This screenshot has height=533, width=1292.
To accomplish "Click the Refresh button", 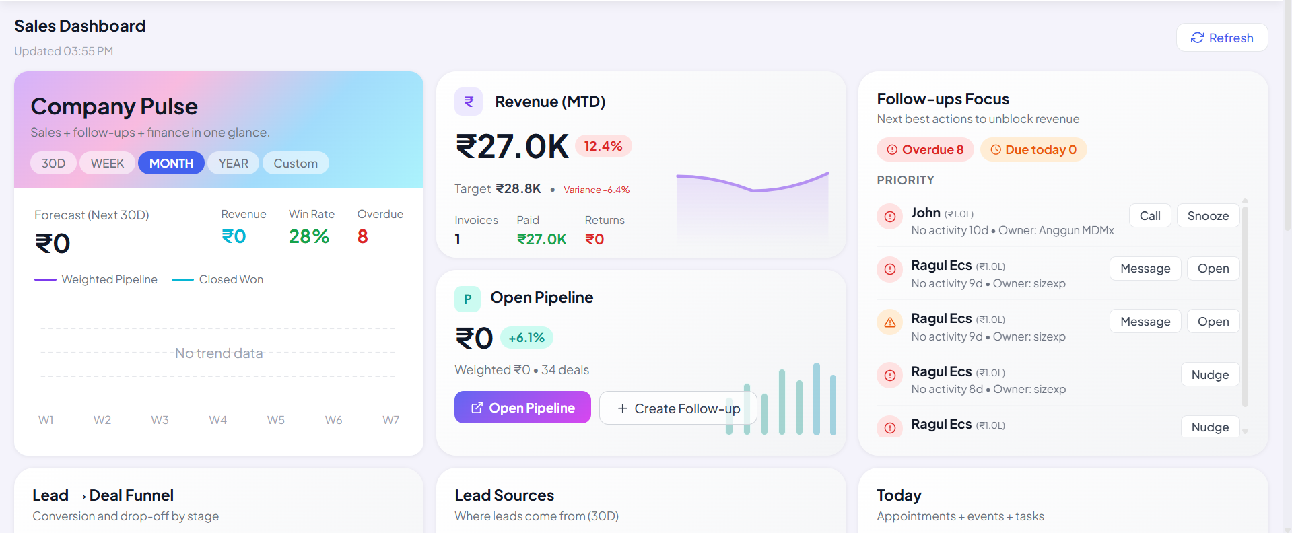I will tap(1222, 38).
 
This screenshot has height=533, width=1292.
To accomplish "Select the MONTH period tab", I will tap(171, 164).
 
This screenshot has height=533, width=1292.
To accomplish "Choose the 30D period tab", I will tap(53, 164).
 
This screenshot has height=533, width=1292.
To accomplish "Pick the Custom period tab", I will tap(296, 164).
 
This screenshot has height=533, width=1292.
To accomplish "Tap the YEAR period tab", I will tap(233, 164).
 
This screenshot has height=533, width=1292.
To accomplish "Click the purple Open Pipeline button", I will tap(522, 408).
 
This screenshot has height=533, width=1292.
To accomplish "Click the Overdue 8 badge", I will tap(925, 149).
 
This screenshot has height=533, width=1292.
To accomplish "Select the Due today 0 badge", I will tap(1033, 149).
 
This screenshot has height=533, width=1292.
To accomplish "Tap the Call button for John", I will tap(1150, 216).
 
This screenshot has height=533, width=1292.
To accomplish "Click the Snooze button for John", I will tap(1208, 216).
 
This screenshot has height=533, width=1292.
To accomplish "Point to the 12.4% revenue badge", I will tap(603, 146).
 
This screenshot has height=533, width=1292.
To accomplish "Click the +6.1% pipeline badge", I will tap(526, 338).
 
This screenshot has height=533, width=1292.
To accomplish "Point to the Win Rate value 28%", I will tap(309, 237).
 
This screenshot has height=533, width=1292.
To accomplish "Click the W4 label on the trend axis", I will tap(217, 420).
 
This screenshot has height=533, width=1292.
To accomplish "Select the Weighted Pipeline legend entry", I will tap(96, 279).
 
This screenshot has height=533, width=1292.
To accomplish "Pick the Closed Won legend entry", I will tap(217, 279).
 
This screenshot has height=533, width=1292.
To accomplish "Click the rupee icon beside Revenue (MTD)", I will tap(469, 102).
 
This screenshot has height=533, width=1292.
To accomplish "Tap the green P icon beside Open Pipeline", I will tap(467, 299).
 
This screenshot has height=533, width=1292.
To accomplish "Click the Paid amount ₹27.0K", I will tap(541, 240).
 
